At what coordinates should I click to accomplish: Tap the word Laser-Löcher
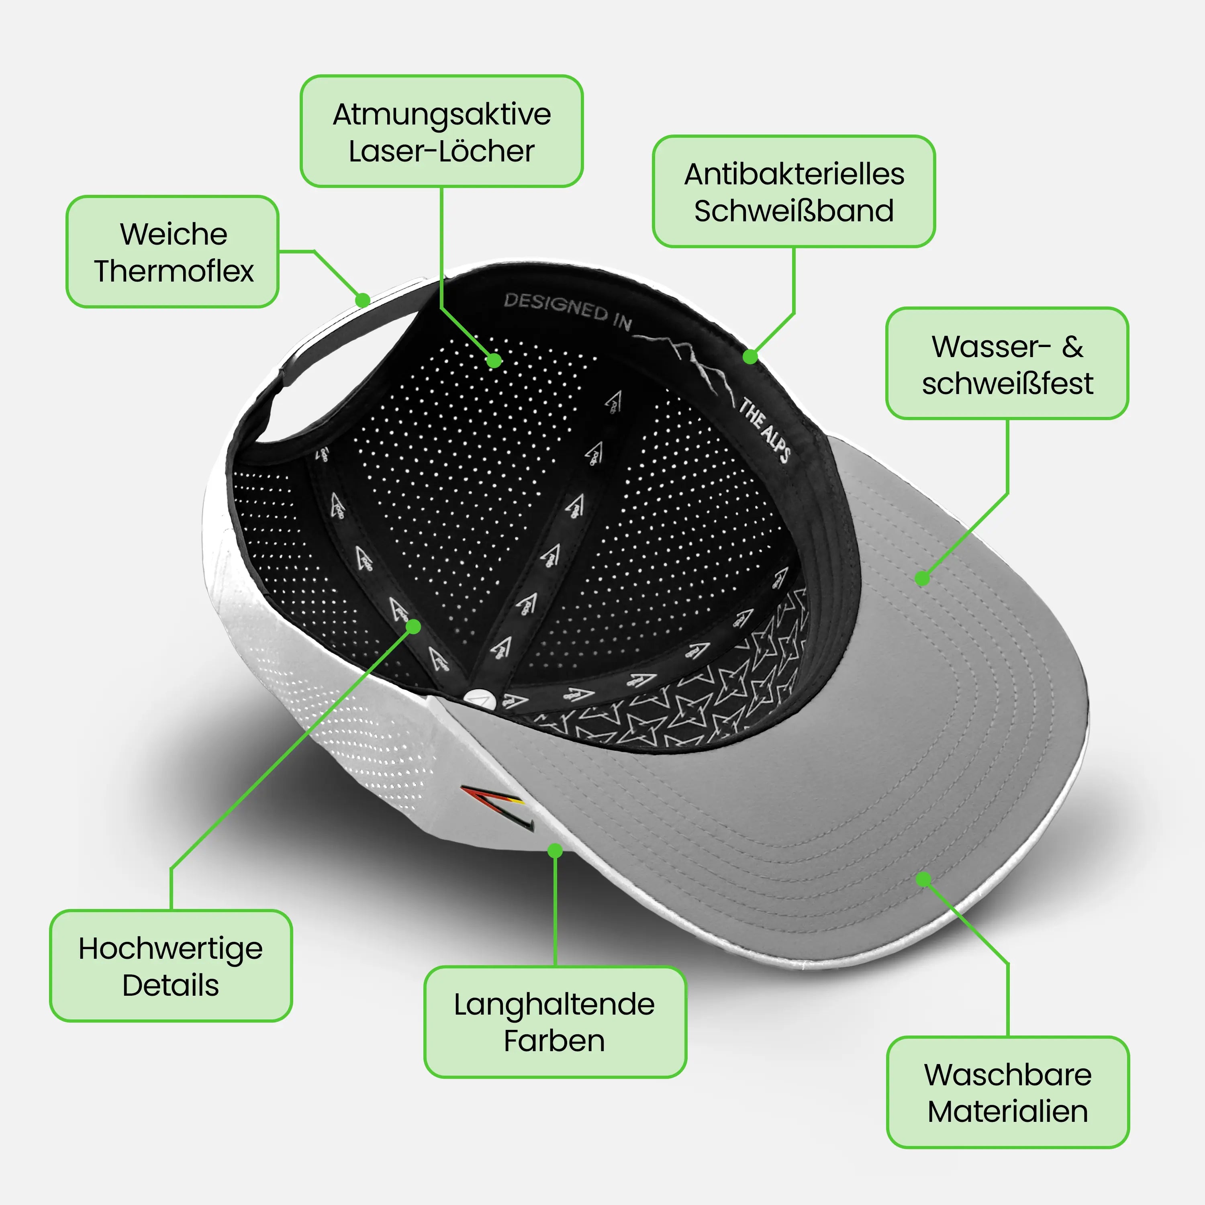click(441, 151)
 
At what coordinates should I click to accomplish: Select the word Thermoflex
click(174, 271)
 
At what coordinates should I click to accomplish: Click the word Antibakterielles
click(794, 174)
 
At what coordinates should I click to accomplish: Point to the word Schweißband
click(794, 211)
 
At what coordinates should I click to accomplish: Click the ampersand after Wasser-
click(1073, 347)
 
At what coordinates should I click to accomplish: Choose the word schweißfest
click(1007, 383)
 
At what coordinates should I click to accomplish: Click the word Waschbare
click(1008, 1074)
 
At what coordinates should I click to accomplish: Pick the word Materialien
click(1008, 1111)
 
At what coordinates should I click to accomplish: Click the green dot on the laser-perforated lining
click(494, 361)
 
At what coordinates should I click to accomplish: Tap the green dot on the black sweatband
click(750, 357)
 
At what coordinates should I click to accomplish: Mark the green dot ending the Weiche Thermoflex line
click(362, 300)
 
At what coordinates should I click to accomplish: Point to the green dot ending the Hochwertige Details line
click(414, 626)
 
